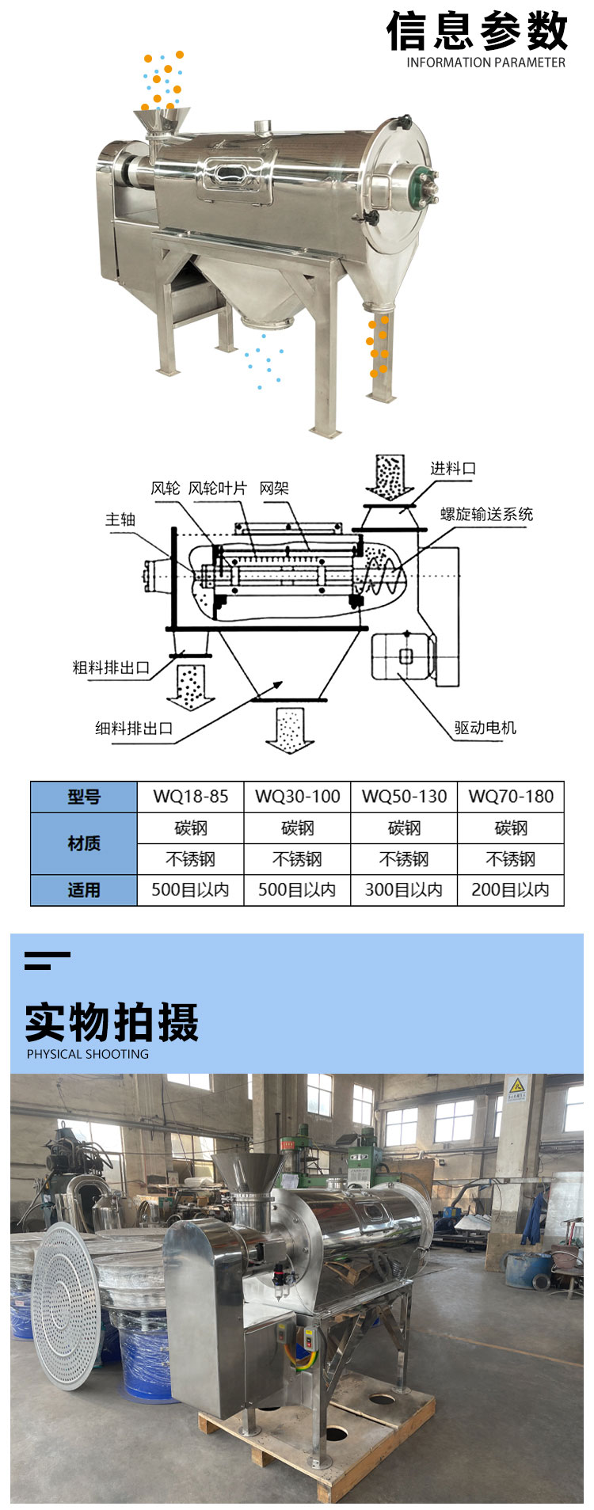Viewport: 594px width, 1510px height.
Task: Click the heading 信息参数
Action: (477, 32)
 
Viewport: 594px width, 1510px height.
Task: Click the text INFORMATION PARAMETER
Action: (485, 63)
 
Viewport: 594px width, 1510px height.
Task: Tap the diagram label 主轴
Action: (120, 519)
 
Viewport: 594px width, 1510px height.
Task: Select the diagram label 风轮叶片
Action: (217, 489)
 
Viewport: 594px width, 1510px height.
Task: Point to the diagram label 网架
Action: (274, 489)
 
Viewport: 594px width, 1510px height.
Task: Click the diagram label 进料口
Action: (453, 468)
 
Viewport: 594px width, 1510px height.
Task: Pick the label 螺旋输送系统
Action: (486, 514)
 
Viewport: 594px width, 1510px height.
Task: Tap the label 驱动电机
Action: (485, 727)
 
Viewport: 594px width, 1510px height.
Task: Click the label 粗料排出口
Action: (111, 668)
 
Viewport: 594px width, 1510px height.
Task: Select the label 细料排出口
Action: (134, 728)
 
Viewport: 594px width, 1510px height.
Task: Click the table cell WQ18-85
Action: (190, 797)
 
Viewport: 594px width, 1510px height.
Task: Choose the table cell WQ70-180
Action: (511, 797)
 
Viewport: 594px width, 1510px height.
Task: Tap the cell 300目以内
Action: (404, 890)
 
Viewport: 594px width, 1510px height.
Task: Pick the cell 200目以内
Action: (511, 890)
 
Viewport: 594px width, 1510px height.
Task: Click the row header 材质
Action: (84, 843)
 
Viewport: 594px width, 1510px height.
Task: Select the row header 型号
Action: (84, 797)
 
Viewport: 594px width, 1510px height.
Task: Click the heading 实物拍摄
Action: (112, 1021)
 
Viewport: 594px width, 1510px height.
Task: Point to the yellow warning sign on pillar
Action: (516, 1089)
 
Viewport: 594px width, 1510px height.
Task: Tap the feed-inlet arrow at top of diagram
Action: (389, 477)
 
